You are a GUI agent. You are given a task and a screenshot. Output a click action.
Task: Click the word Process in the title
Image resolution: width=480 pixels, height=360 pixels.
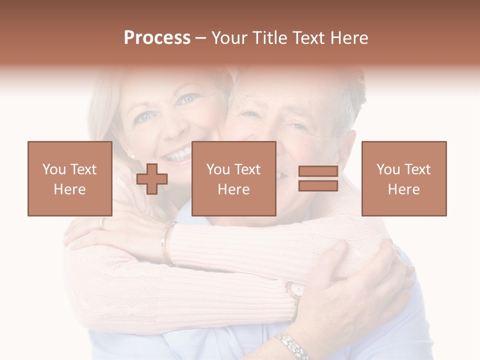157,38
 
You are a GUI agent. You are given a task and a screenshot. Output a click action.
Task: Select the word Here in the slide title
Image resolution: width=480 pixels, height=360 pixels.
348,38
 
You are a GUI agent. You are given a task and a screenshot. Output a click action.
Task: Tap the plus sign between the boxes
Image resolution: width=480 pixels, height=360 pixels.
152,179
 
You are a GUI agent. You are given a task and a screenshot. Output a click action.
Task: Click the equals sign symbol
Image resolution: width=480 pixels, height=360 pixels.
318,178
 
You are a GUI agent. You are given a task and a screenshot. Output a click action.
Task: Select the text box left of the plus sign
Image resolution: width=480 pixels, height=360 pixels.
70,179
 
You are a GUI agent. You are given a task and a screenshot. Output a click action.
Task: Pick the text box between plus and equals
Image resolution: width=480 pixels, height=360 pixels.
233,179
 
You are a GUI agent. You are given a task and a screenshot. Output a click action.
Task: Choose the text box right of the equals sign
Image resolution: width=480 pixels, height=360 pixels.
403,179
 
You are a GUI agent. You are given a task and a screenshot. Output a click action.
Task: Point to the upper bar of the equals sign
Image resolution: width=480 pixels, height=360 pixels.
318,171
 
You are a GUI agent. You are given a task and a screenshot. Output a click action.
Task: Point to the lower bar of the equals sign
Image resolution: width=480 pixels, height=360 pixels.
318,186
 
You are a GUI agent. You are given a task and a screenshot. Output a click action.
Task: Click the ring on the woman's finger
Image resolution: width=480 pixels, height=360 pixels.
102,223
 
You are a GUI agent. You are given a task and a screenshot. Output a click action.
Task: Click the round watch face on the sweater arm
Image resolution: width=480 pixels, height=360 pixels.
295,289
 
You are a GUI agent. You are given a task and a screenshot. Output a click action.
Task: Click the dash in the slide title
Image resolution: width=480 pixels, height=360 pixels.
200,38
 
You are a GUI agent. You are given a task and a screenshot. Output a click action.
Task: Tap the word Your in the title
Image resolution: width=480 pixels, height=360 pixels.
227,38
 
